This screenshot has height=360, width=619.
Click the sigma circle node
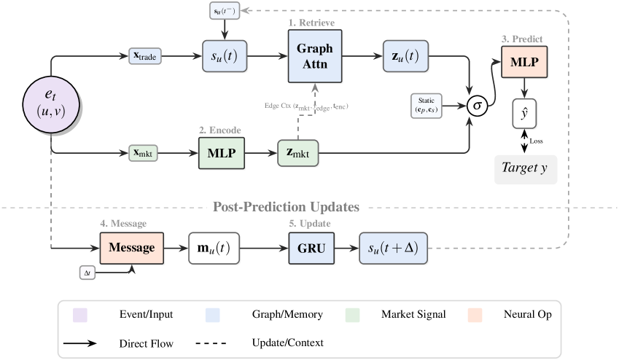pos(478,106)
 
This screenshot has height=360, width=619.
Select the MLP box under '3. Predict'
pos(524,62)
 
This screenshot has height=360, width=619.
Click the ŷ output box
pos(524,115)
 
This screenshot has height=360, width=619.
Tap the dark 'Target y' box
pos(524,168)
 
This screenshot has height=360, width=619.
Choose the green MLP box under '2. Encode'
pos(222,153)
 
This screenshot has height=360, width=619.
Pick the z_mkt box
pos(299,153)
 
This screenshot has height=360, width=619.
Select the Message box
pos(132,248)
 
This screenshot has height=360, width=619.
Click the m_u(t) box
pos(215,248)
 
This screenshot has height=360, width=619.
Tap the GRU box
pos(311,248)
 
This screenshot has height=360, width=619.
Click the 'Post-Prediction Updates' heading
pos(286,207)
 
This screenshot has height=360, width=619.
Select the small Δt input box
pos(87,273)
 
